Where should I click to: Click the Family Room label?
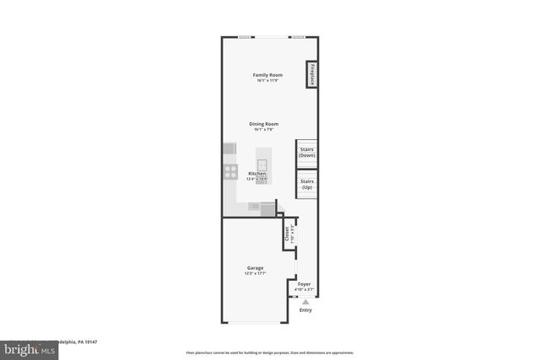[x=267, y=75]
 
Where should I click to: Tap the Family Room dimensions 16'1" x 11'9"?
[x=267, y=80]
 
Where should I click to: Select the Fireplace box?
[x=311, y=74]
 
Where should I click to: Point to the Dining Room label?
[x=265, y=124]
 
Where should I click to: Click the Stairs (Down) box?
[x=307, y=153]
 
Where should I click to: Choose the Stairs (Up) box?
[x=307, y=184]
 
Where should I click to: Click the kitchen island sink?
[x=262, y=163]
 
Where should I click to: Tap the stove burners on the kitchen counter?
[x=229, y=172]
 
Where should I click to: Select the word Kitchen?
[x=257, y=174]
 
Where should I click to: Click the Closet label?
[x=287, y=233]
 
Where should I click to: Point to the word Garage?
[x=256, y=268]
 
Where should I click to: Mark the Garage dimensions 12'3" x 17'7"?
[x=256, y=273]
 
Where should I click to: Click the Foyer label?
[x=304, y=284]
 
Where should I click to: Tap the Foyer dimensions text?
[x=304, y=289]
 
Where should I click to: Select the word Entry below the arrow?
[x=305, y=309]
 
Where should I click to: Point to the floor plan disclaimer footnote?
[x=269, y=352]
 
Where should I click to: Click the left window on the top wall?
[x=244, y=37]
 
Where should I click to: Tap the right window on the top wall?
[x=298, y=37]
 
